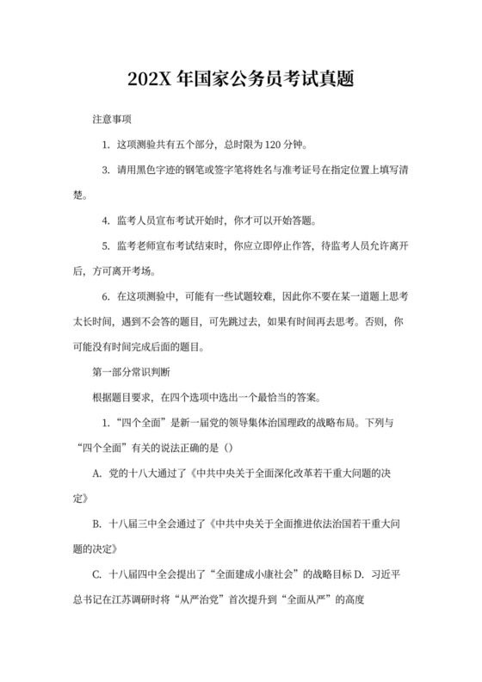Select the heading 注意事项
coord(112,116)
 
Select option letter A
coord(96,475)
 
